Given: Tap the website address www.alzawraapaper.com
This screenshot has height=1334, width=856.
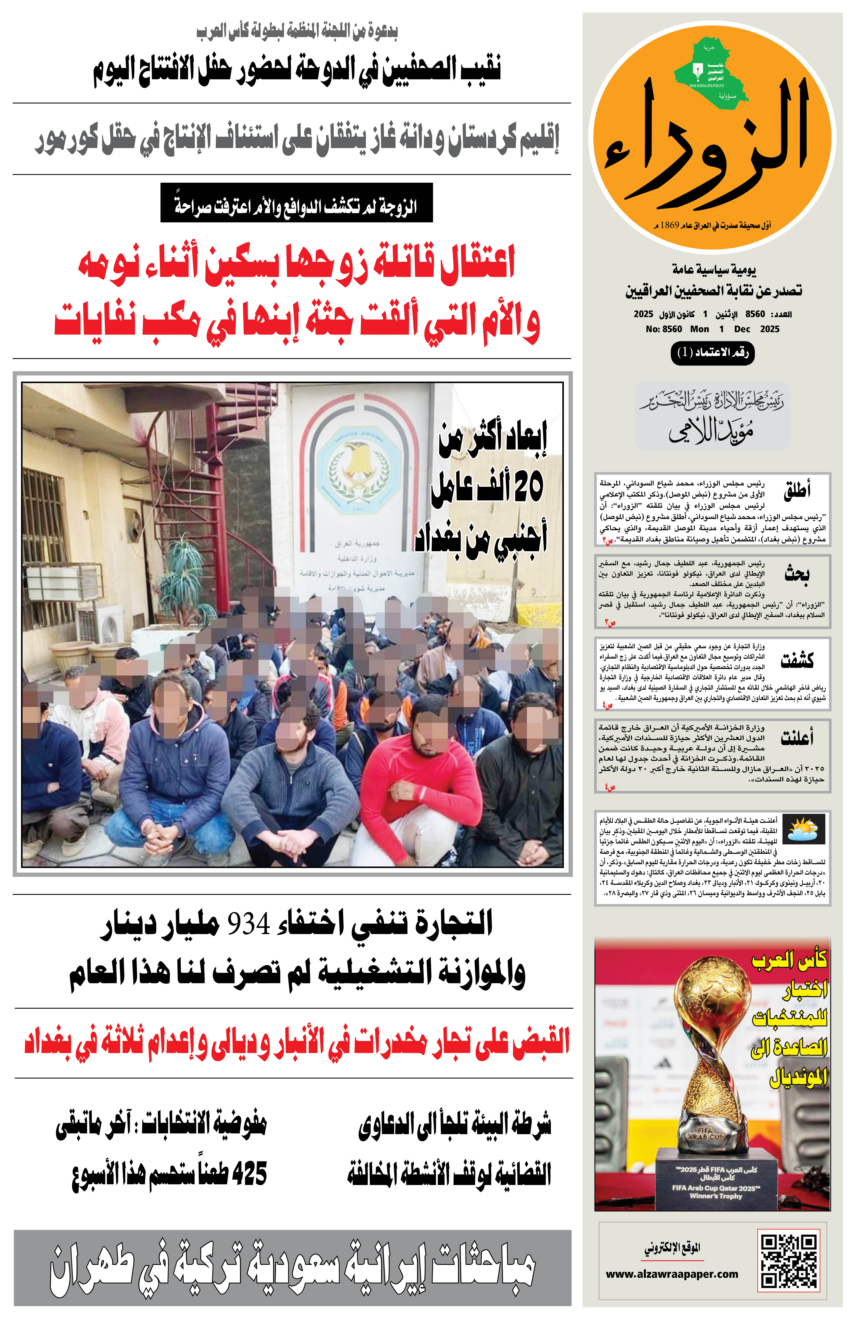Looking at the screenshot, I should [x=672, y=1274].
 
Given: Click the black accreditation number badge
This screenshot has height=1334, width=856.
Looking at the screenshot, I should [x=713, y=353].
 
